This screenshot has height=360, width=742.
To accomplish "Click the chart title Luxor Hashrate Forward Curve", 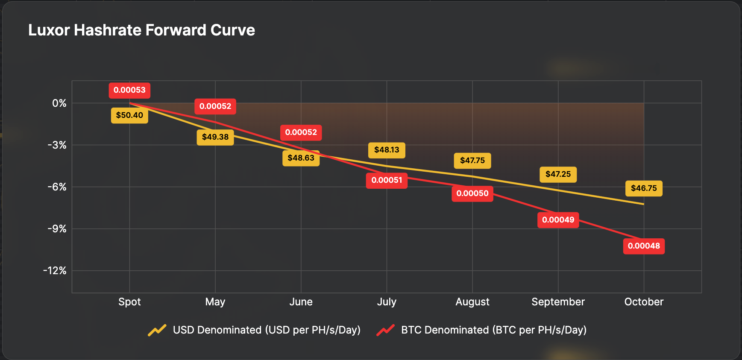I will click(x=141, y=30).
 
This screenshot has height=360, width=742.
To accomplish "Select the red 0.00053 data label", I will click(x=129, y=90).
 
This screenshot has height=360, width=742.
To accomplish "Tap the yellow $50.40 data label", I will click(x=129, y=115).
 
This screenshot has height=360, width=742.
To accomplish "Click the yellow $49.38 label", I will click(x=215, y=137).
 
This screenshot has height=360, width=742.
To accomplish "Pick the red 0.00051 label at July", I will click(x=387, y=180).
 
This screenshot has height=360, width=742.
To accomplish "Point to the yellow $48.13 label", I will click(x=387, y=150).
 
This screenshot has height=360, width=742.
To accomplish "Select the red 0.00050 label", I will click(x=472, y=193).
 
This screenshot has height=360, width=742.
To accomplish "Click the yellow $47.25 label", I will click(x=558, y=174).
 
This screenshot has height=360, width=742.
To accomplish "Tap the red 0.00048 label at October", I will click(x=644, y=246).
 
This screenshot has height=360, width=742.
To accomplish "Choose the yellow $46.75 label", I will click(x=644, y=188).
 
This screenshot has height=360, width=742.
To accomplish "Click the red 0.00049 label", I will click(x=558, y=220).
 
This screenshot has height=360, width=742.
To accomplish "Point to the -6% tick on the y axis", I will click(x=57, y=187).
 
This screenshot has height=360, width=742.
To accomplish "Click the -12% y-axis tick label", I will click(x=55, y=271).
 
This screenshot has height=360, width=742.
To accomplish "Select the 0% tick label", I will click(x=59, y=103).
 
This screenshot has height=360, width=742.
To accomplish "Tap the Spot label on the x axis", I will click(x=129, y=302).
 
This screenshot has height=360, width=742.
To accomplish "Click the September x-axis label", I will click(x=558, y=302).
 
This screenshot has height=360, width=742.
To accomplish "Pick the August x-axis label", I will click(x=472, y=302).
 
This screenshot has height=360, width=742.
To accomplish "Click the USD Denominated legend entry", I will click(x=255, y=330).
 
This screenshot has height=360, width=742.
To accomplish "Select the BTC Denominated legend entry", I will click(x=481, y=330).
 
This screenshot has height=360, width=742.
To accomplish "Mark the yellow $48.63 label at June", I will click(x=301, y=158).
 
